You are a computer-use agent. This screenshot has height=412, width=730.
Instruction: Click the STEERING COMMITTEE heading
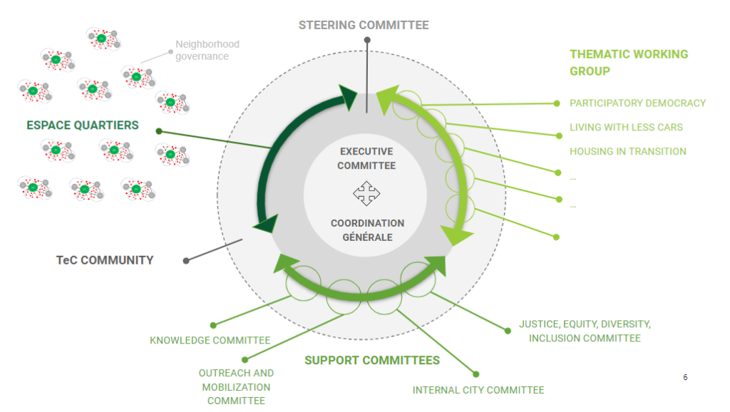tap(364, 25)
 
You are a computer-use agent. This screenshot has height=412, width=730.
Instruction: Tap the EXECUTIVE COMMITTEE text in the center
tap(366, 158)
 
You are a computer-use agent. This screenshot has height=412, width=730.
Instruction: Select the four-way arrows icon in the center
tap(366, 193)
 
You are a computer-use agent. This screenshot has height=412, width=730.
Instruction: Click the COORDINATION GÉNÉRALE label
tap(367, 230)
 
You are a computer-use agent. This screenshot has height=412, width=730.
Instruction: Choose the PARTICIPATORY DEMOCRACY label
tap(637, 103)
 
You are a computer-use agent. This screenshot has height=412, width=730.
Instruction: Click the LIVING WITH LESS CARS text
tap(626, 127)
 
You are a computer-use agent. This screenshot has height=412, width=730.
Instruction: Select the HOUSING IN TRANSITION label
tap(627, 151)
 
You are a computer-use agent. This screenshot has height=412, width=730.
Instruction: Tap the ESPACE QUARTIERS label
tap(83, 125)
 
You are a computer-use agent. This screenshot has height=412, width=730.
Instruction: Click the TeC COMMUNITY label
tap(105, 260)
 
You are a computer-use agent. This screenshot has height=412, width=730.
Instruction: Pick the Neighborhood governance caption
tap(207, 50)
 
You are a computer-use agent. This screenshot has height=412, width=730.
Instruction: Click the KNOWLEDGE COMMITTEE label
tap(210, 340)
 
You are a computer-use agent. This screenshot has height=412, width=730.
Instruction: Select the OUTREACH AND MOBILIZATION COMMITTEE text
tap(236, 386)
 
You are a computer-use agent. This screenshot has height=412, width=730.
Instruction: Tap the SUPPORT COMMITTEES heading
tap(372, 360)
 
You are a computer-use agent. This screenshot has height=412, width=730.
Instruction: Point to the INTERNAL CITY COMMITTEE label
tap(478, 390)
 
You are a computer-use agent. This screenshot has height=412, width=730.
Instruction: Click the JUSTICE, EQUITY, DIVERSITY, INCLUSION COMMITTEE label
tap(585, 331)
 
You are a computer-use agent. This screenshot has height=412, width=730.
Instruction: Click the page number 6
tap(685, 377)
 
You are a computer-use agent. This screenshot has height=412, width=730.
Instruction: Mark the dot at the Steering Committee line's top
tap(367, 40)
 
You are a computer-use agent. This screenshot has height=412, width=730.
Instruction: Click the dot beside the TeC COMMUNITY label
tap(186, 260)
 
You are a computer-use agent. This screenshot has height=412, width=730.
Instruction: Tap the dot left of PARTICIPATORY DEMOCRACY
tap(557, 103)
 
